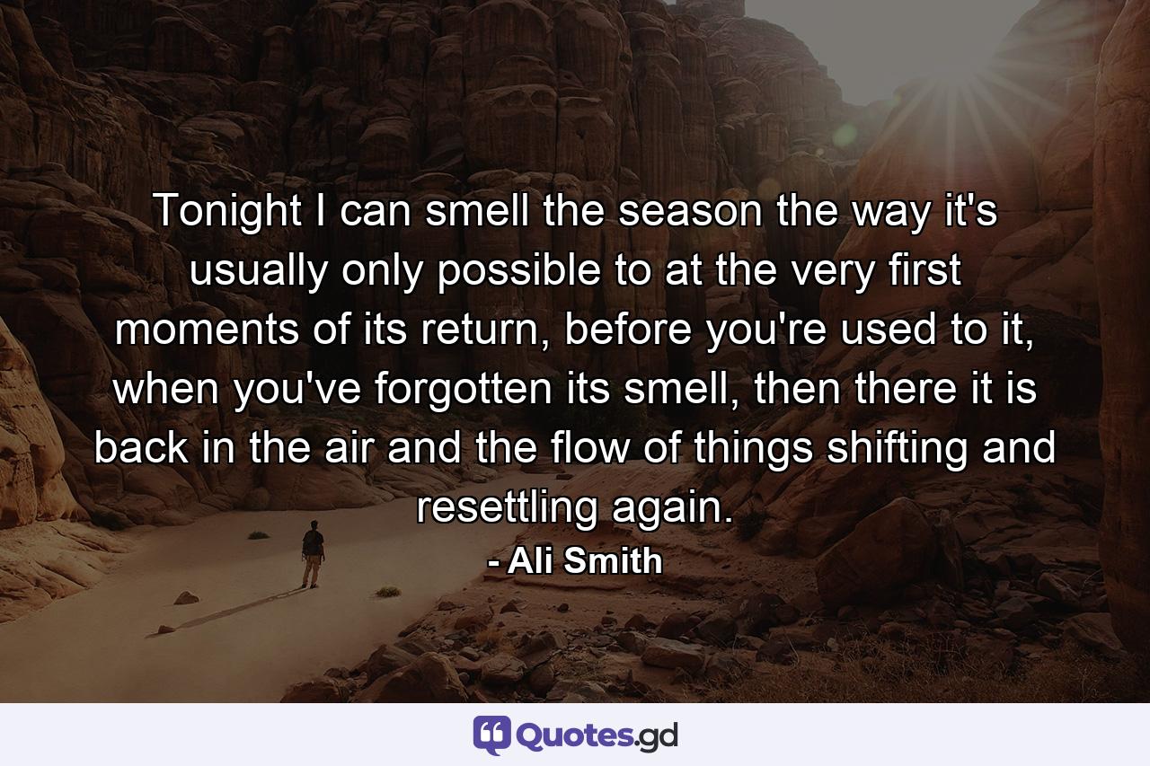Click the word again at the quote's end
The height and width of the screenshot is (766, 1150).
[x=671, y=508]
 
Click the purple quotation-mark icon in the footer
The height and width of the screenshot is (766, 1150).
[x=491, y=735]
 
